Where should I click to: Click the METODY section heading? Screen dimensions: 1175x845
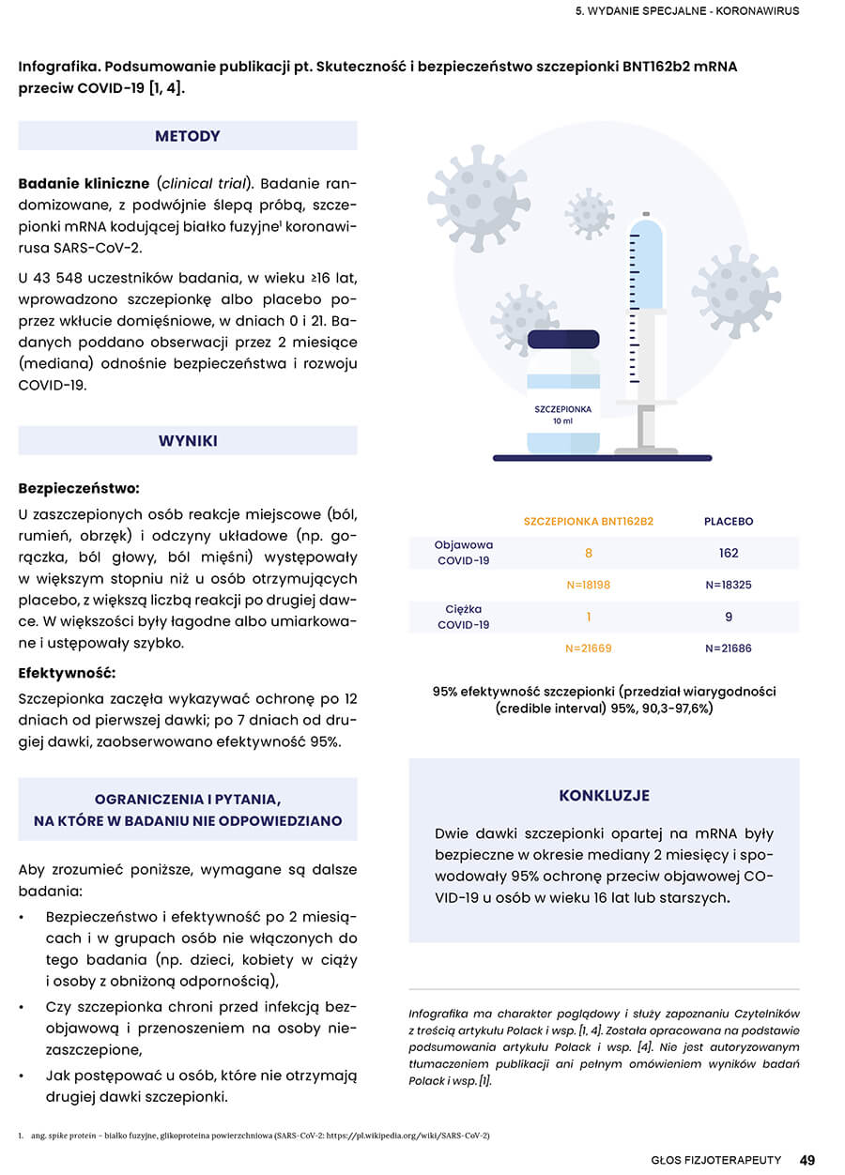(x=188, y=136)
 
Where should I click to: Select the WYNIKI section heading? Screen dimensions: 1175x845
(x=188, y=440)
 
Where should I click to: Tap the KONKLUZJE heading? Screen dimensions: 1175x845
(x=604, y=796)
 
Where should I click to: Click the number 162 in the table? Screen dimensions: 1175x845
(x=729, y=553)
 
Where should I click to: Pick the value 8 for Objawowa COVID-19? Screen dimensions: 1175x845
(x=589, y=554)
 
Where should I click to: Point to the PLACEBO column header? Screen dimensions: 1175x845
(x=729, y=521)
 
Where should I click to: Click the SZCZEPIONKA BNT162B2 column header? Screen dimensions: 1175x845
(x=589, y=521)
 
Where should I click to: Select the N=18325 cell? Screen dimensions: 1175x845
(x=729, y=585)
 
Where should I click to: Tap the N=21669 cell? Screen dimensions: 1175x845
(x=589, y=649)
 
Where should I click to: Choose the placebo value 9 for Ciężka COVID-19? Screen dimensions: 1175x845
(x=729, y=617)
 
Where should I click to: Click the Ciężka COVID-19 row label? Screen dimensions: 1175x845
(x=464, y=617)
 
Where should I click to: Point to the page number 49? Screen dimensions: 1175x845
(x=807, y=1160)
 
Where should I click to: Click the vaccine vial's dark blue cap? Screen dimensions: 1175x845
(x=563, y=340)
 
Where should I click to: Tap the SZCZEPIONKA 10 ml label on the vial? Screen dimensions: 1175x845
(x=563, y=415)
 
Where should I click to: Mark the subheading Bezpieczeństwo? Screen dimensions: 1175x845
(x=79, y=488)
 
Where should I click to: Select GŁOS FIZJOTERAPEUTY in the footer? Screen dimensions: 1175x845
(x=716, y=1160)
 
